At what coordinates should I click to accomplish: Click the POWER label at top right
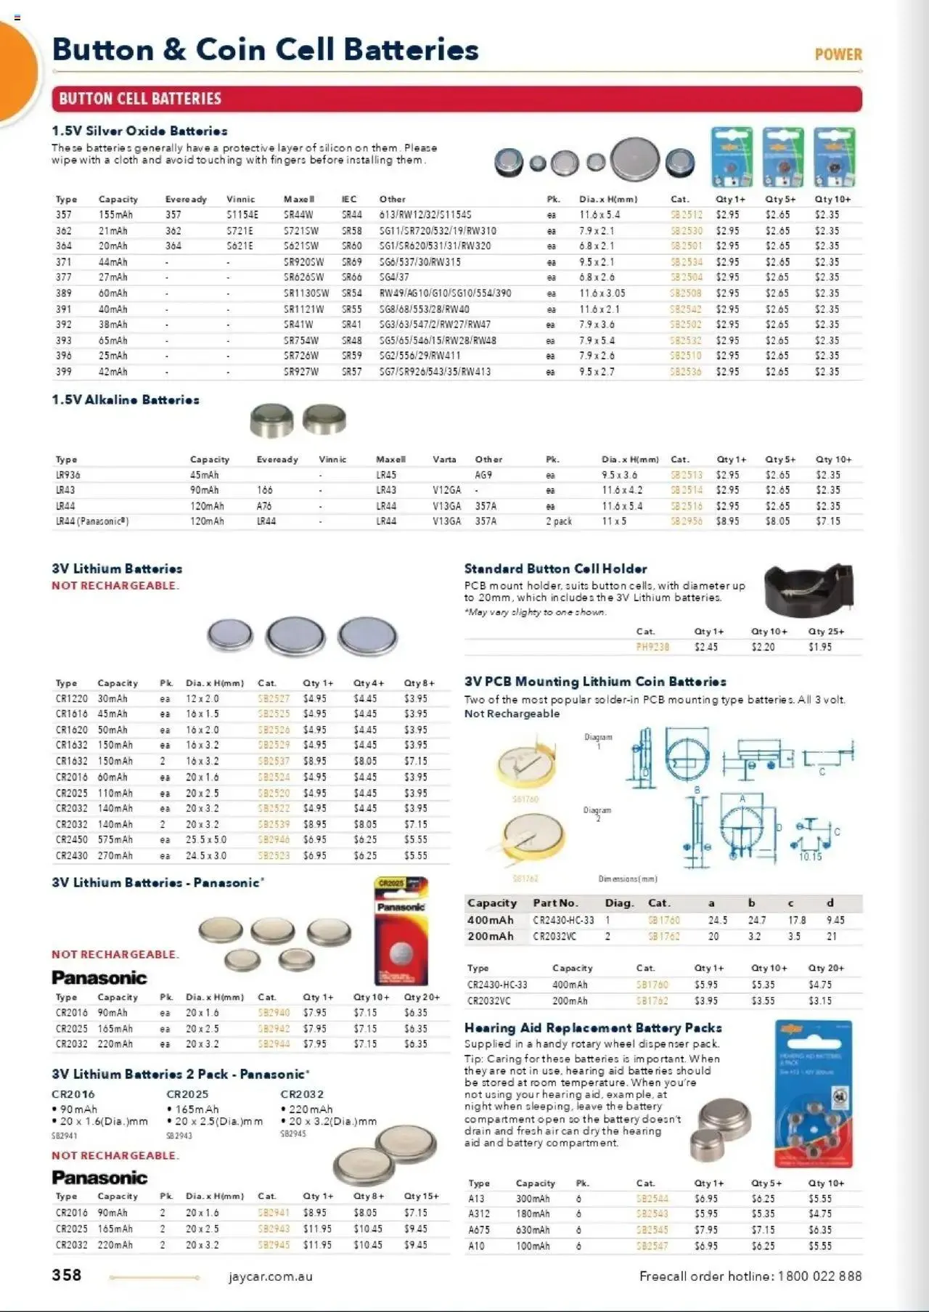click(838, 54)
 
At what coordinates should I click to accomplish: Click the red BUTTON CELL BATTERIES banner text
click(140, 99)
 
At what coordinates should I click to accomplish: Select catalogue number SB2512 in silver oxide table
click(686, 215)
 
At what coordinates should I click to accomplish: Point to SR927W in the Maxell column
click(301, 372)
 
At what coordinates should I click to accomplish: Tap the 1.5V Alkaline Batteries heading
click(125, 400)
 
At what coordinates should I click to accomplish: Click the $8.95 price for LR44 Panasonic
click(727, 521)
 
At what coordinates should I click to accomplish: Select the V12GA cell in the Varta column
click(446, 490)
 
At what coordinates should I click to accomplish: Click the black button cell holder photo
click(808, 589)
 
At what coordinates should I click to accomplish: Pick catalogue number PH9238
click(652, 647)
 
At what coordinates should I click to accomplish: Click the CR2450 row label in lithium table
click(71, 840)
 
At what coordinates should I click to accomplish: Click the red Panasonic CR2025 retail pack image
click(401, 931)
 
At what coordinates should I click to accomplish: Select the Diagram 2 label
click(597, 813)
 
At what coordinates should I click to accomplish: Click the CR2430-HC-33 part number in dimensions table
click(562, 920)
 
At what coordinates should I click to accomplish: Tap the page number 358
click(67, 1275)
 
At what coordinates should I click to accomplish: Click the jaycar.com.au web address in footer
click(270, 1276)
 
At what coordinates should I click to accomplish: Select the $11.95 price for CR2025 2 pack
click(317, 1229)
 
